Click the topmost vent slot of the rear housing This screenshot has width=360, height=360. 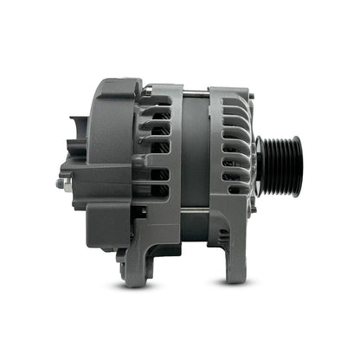(156, 101)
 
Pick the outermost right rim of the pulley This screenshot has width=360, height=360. (298, 165)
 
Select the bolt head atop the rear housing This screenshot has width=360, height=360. (148, 87)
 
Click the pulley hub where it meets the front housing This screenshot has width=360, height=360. (262, 165)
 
